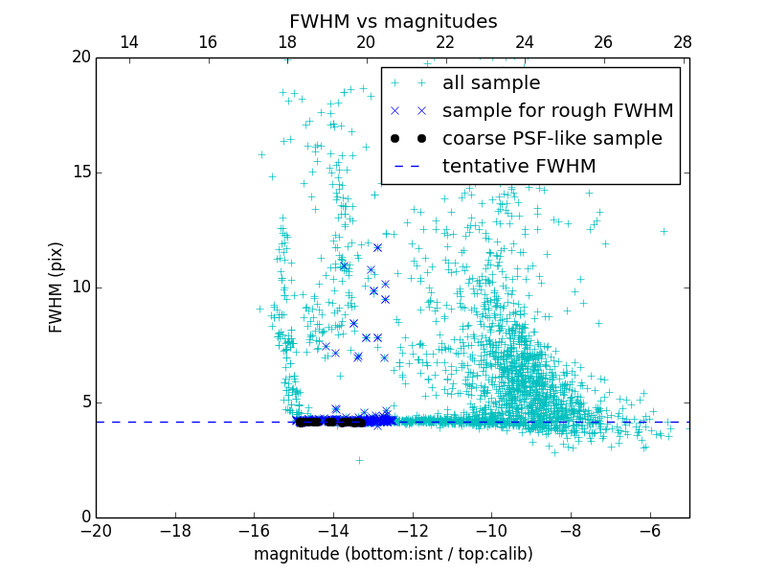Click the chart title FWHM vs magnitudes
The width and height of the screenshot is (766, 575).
coord(393,21)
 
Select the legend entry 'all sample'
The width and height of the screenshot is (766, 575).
coord(490,83)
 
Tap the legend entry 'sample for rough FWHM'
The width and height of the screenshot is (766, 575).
coord(557,111)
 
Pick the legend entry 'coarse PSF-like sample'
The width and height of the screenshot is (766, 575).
coord(552,139)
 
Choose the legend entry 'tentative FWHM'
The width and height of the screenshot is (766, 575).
coord(519,167)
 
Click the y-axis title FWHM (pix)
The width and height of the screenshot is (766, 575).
coord(56,287)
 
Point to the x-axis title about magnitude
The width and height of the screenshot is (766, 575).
coord(393,554)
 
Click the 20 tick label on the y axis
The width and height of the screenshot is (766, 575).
coord(80,57)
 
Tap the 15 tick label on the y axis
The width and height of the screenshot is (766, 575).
coord(80,172)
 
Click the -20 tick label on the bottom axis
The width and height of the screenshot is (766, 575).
coord(96,531)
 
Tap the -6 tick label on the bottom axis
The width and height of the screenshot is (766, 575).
coord(650,531)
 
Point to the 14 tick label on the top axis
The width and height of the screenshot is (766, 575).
coord(128,42)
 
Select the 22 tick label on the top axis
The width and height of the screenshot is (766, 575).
coord(445,42)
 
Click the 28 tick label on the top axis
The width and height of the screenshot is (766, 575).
coord(683,42)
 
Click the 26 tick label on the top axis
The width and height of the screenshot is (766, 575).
coord(603,42)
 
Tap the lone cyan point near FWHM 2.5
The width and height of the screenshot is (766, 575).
coord(359,460)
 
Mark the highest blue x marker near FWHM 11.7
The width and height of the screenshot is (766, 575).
coord(377,248)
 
